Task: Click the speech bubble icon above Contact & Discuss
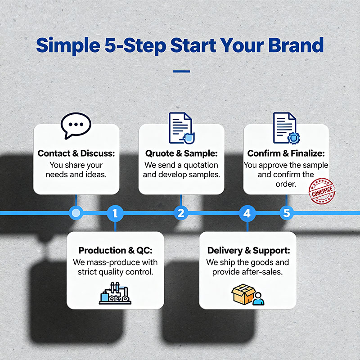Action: tap(76, 125)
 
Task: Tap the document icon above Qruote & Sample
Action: tap(181, 128)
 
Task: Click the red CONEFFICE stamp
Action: tap(321, 191)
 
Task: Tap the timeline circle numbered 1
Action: tap(115, 213)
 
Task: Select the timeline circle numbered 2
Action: tap(181, 213)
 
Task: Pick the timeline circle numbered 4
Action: tap(247, 213)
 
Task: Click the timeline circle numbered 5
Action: tap(287, 213)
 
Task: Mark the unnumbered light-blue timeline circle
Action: tap(76, 213)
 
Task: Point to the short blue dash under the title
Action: tap(181, 71)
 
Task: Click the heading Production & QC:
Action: tap(115, 251)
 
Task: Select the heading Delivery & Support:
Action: tap(248, 251)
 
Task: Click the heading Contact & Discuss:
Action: tap(76, 153)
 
